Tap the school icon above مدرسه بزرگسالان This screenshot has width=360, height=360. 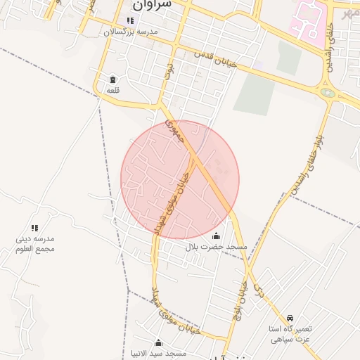click(130, 21)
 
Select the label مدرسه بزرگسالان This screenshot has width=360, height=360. click(131, 32)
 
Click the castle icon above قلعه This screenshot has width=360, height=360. click(113, 80)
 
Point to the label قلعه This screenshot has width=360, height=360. click(113, 91)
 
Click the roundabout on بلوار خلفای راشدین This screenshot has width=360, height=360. click(327, 91)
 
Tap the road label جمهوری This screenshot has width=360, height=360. click(174, 131)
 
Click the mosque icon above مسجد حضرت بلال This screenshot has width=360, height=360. click(216, 236)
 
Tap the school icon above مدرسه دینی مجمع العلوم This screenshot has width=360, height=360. click(34, 228)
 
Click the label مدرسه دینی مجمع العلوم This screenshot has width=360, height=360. click(35, 244)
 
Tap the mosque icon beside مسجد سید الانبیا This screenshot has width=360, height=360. click(158, 343)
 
